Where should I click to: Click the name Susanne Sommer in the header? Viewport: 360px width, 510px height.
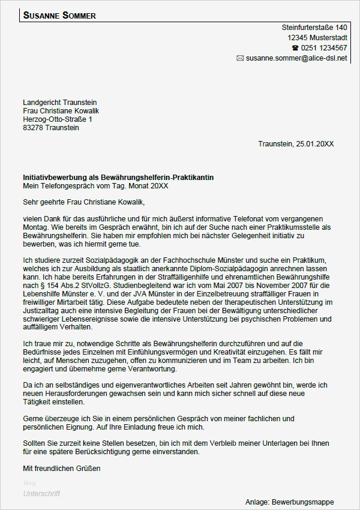pyautogui.click(x=59, y=16)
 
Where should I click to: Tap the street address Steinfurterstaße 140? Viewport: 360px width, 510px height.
pyautogui.click(x=314, y=28)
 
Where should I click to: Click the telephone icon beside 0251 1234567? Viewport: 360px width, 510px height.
pyautogui.click(x=295, y=48)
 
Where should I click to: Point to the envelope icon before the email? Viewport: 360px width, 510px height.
pyautogui.click(x=240, y=58)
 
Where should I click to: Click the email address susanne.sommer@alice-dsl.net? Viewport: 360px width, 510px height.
pyautogui.click(x=296, y=58)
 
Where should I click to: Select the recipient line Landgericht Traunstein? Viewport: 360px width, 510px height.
pyautogui.click(x=60, y=103)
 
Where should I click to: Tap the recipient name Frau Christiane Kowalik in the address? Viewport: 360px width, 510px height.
pyautogui.click(x=61, y=111)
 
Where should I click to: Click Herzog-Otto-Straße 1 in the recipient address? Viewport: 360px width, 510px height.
pyautogui.click(x=58, y=119)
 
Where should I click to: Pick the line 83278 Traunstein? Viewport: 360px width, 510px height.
pyautogui.click(x=51, y=128)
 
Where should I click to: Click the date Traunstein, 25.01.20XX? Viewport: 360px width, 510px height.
pyautogui.click(x=296, y=144)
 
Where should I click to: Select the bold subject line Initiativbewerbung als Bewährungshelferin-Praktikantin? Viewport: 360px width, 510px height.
pyautogui.click(x=118, y=178)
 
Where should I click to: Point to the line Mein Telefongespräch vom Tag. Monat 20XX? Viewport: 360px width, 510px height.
pyautogui.click(x=96, y=187)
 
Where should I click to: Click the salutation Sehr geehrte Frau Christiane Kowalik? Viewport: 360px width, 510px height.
pyautogui.click(x=84, y=202)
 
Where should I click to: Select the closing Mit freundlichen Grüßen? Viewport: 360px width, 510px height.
pyautogui.click(x=62, y=468)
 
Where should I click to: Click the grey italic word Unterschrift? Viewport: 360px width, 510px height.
pyautogui.click(x=41, y=494)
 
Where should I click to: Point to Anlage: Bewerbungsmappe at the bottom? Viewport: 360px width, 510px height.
pyautogui.click(x=289, y=502)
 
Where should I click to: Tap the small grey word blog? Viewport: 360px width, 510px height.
pyautogui.click(x=29, y=483)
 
